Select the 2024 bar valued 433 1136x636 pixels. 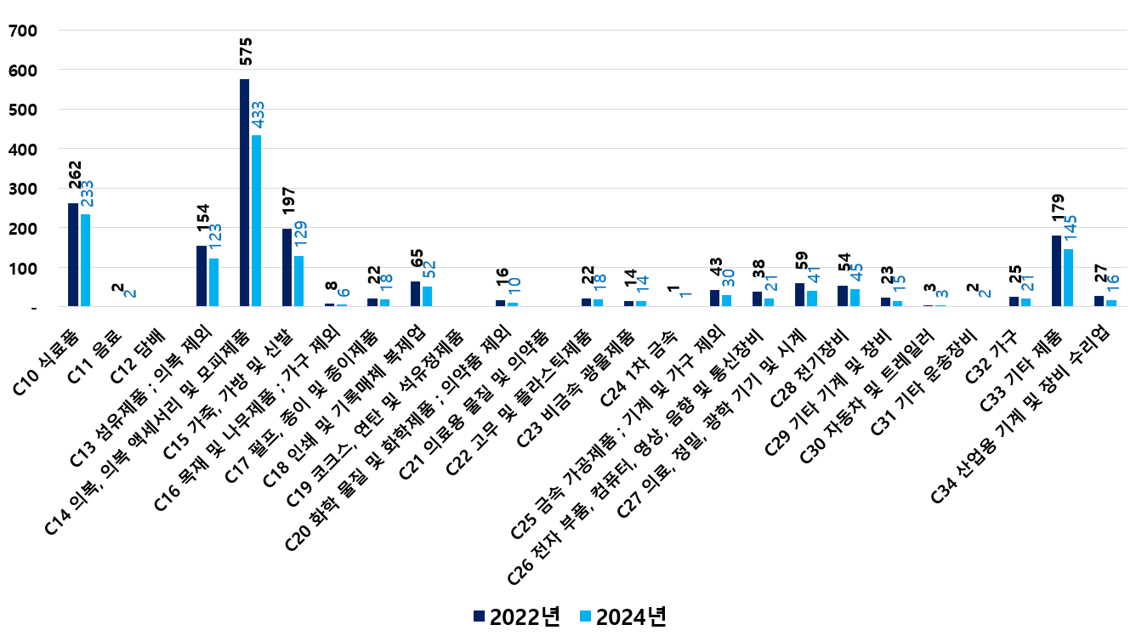257,221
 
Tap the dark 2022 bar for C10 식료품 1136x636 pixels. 73,255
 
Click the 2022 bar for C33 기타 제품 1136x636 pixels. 1056,271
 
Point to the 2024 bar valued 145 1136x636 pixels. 1068,278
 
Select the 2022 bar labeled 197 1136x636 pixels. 287,268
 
